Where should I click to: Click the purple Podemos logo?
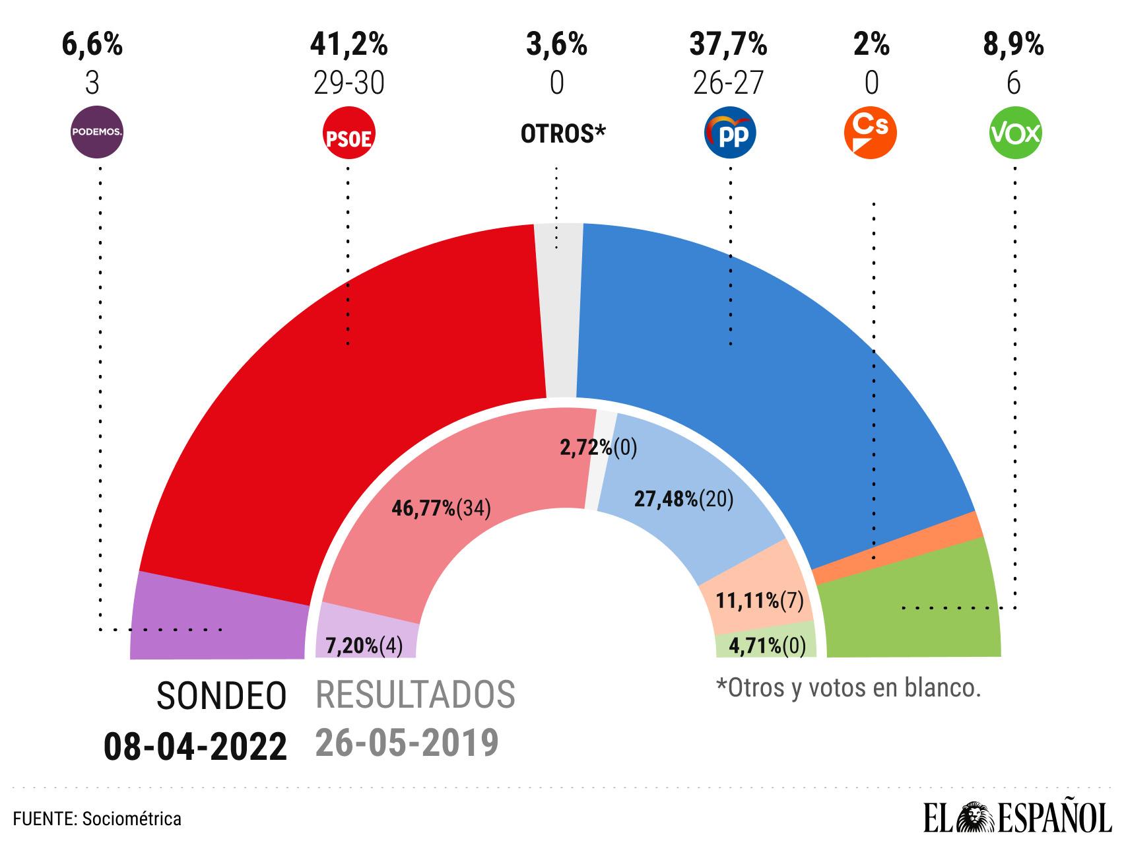[x=97, y=133]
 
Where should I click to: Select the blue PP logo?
[x=730, y=135]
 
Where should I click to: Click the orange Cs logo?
[x=871, y=133]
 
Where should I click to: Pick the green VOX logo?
[x=1014, y=134]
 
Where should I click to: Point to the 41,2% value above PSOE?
[x=348, y=45]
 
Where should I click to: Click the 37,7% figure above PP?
[x=728, y=45]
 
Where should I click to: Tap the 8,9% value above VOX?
[x=1013, y=45]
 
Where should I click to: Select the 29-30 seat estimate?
[x=348, y=84]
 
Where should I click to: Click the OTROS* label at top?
[x=562, y=134]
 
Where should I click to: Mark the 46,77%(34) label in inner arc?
[x=441, y=508]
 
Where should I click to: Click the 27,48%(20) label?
[x=684, y=499]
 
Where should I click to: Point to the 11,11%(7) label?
[x=759, y=601]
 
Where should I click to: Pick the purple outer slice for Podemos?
[x=218, y=617]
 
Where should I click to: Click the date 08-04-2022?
[x=195, y=747]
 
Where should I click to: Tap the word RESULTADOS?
[x=415, y=694]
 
